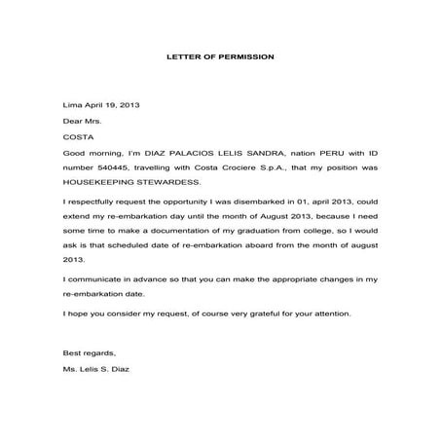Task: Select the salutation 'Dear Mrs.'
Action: point(81,120)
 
